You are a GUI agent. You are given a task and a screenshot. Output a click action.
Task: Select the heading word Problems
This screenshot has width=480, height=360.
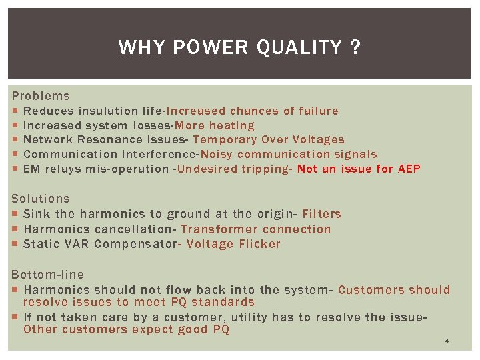tap(41, 96)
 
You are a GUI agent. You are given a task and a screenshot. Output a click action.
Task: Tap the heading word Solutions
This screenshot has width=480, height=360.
tap(41, 199)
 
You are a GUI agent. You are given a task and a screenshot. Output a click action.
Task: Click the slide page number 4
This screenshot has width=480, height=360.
tap(447, 341)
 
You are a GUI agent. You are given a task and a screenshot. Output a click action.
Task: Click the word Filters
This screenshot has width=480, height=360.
tap(322, 214)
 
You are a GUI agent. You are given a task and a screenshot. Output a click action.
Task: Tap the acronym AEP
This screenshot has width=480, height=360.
tap(409, 169)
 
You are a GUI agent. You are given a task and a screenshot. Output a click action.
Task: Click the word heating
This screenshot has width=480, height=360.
tap(232, 125)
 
